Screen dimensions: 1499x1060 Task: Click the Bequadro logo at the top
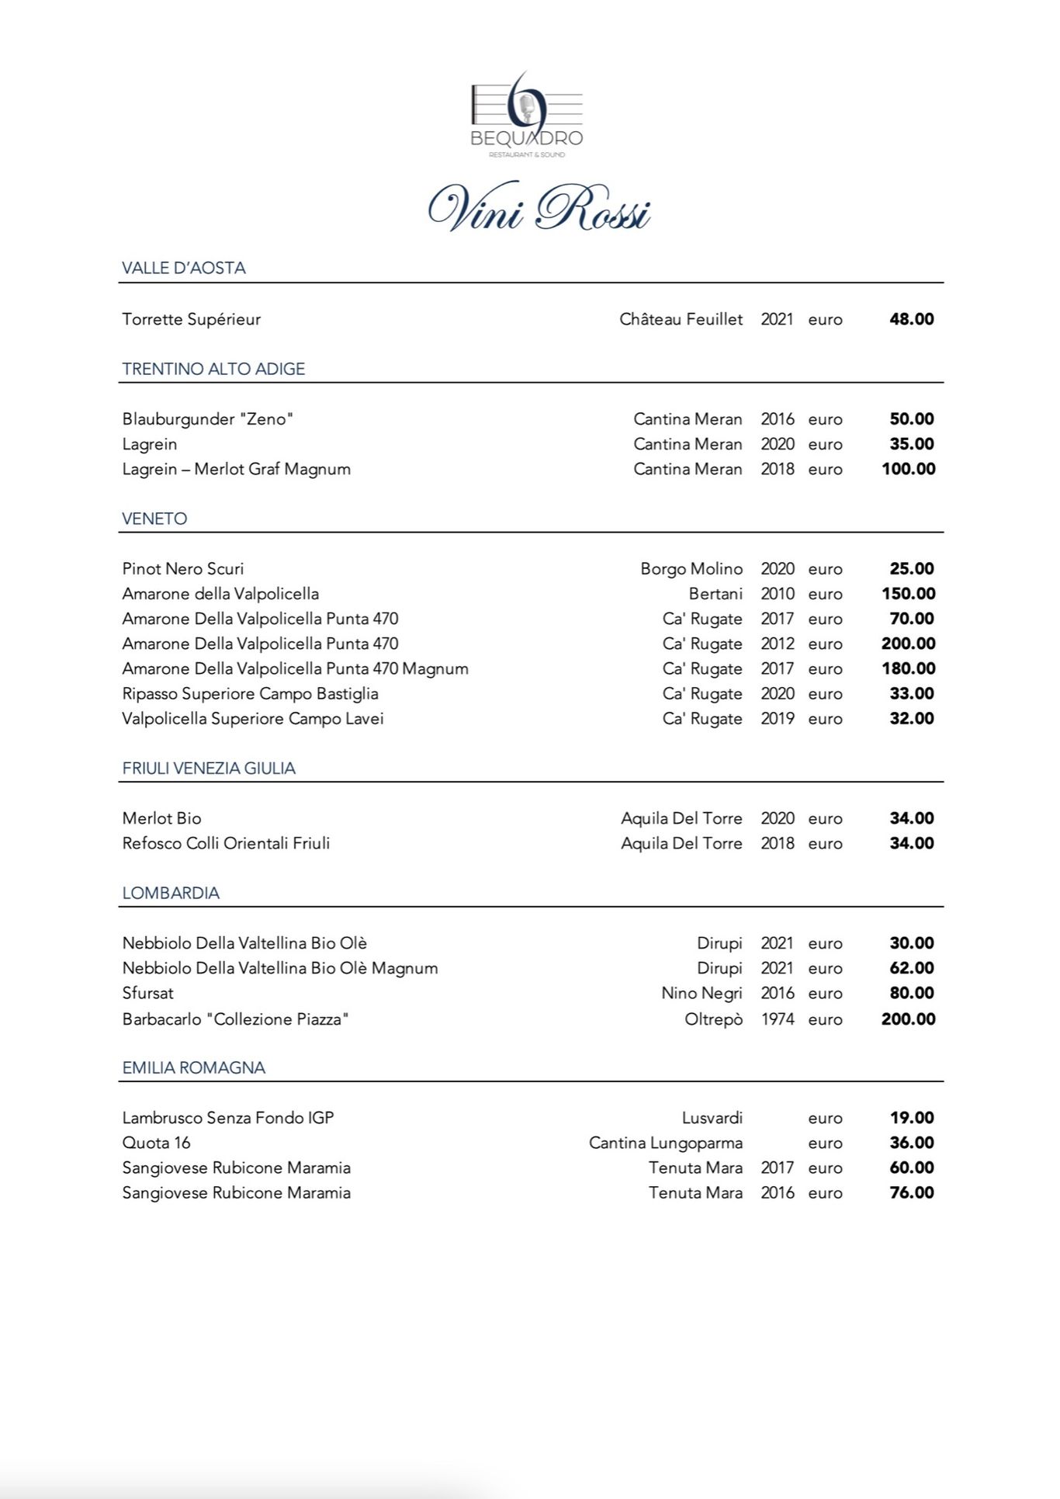[526, 115]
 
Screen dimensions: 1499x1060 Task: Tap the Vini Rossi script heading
[539, 208]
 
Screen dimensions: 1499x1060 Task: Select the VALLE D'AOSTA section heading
[184, 268]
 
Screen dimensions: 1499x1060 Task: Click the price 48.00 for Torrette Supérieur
[911, 319]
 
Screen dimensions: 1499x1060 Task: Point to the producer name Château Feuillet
[681, 319]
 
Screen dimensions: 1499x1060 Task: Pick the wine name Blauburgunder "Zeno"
[207, 419]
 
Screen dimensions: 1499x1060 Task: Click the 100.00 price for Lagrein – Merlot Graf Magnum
[908, 469]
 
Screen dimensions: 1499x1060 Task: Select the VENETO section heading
[154, 519]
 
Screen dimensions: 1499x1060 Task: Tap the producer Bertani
[715, 594]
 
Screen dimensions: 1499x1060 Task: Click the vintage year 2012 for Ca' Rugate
[777, 644]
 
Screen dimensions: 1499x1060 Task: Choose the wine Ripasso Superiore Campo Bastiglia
[250, 693]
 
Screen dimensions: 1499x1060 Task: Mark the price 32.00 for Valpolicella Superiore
[911, 718]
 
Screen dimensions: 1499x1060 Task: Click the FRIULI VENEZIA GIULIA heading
[209, 769]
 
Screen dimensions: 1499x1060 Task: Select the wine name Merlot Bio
[161, 818]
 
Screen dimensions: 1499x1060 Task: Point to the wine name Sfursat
[147, 993]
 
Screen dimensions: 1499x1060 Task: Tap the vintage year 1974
[777, 1019]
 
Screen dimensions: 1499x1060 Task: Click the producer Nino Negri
[701, 993]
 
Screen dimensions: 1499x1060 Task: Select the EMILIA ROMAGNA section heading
[193, 1067]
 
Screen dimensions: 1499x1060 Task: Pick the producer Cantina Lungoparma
[665, 1143]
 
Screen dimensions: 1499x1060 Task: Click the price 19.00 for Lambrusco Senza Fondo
[911, 1118]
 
